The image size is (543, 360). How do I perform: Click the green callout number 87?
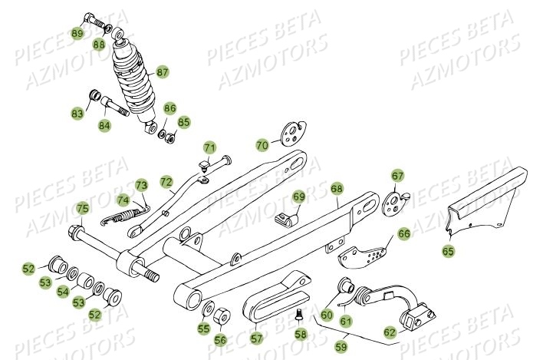[163, 72]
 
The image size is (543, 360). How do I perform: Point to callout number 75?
[82, 208]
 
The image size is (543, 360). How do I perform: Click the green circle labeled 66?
[403, 233]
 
